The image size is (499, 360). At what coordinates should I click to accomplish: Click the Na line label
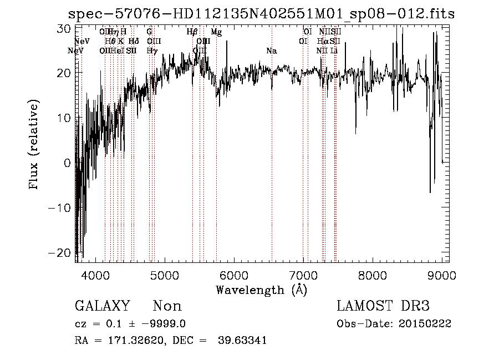pyautogui.click(x=271, y=50)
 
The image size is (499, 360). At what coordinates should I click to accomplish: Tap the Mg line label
pyautogui.click(x=216, y=32)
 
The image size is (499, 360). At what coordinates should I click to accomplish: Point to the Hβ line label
pyautogui.click(x=192, y=32)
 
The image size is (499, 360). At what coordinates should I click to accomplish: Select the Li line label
pyautogui.click(x=334, y=50)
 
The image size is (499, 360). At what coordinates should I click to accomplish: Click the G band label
pyautogui.click(x=149, y=32)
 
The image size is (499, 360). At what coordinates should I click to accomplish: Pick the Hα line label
pyautogui.click(x=323, y=41)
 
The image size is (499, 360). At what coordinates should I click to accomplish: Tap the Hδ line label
pyautogui.click(x=133, y=41)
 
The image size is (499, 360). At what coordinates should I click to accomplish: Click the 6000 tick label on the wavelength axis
pyautogui.click(x=233, y=275)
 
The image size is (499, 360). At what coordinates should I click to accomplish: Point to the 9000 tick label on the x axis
pyautogui.click(x=441, y=275)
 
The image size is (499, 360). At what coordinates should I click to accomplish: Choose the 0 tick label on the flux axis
pyautogui.click(x=67, y=163)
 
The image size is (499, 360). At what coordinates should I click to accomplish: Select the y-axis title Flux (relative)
pyautogui.click(x=35, y=145)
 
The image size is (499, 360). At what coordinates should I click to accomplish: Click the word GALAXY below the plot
pyautogui.click(x=102, y=306)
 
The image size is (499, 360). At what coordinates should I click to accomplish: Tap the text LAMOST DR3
pyautogui.click(x=383, y=306)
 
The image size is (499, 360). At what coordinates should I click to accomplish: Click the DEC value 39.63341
pyautogui.click(x=243, y=341)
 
